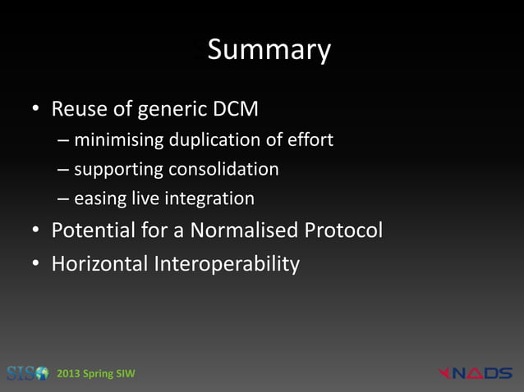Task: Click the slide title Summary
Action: pyautogui.click(x=269, y=51)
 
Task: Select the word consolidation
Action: pyautogui.click(x=223, y=170)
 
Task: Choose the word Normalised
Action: pyautogui.click(x=244, y=231)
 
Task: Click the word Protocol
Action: pyautogui.click(x=344, y=231)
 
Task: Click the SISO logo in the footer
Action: pyautogui.click(x=27, y=374)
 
